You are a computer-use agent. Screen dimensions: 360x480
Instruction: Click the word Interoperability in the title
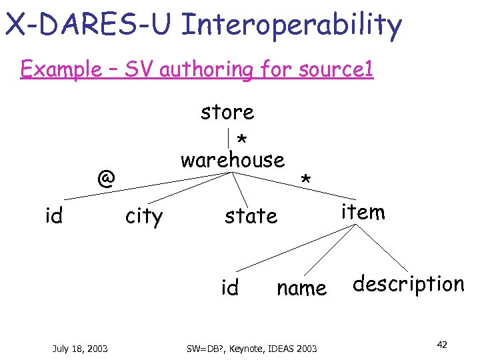coord(291,25)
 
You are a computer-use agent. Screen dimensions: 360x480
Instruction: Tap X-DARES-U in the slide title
coord(89,25)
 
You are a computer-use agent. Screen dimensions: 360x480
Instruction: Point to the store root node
coord(227,111)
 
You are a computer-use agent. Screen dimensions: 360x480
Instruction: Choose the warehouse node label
coord(233,160)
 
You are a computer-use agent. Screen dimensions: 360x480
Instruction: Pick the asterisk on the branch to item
coord(306,181)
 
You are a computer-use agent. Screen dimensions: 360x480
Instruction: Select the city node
coord(144,217)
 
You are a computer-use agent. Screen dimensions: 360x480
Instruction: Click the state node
coord(251,216)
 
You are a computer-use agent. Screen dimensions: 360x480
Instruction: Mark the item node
coord(363,212)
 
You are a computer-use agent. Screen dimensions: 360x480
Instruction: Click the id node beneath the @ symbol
coord(53,216)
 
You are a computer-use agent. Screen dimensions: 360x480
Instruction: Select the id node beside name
coord(230,288)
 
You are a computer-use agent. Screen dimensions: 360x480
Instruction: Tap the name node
coord(301,288)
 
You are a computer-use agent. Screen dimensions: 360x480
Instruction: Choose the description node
coord(408,285)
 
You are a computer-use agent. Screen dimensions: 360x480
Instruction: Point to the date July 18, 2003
coord(80,347)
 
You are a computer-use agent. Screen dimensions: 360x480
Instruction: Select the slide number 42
coord(441,345)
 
